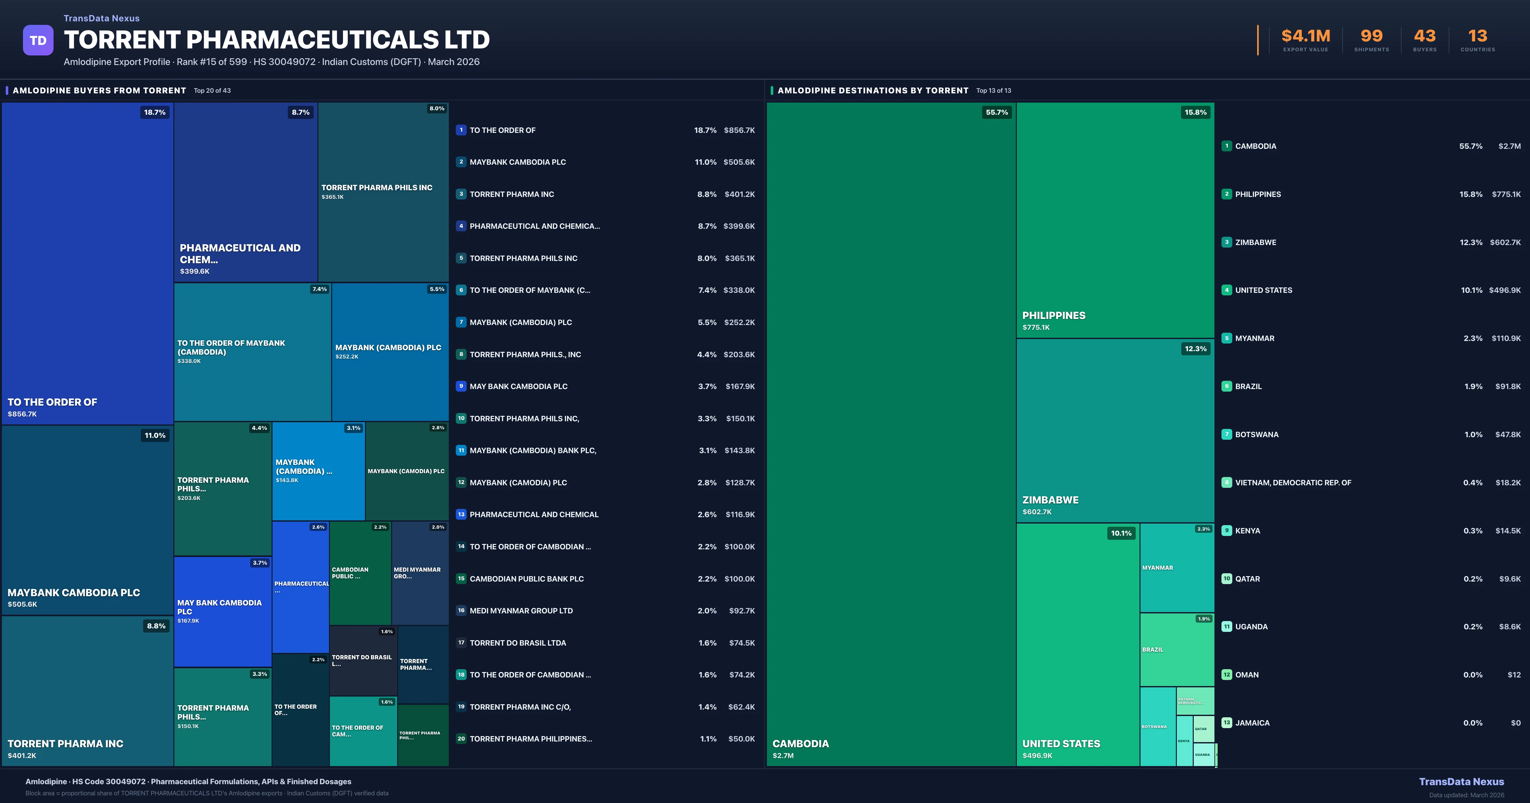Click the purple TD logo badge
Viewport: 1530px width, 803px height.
tap(38, 40)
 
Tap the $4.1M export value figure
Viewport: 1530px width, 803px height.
tap(1306, 36)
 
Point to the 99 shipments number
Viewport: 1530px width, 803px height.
tap(1371, 36)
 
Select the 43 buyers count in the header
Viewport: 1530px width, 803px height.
tap(1424, 36)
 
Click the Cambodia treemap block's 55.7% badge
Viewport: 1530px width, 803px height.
tap(997, 112)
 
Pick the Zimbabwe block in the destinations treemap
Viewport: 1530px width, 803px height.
tap(1115, 430)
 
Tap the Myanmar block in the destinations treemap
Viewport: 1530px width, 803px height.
tap(1177, 568)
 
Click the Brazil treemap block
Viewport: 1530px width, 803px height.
tap(1177, 650)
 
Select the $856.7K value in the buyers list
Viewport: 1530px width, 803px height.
tap(739, 130)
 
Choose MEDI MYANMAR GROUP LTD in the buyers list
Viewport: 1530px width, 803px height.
tap(521, 611)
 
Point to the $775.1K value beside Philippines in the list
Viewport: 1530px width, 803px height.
tap(1506, 194)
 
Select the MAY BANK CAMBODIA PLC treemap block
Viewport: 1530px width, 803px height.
tap(222, 612)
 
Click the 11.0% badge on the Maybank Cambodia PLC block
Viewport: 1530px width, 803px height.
tap(155, 435)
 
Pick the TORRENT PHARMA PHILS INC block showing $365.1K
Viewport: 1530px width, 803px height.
tap(383, 191)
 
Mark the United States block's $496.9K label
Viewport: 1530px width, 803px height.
tap(1037, 756)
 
